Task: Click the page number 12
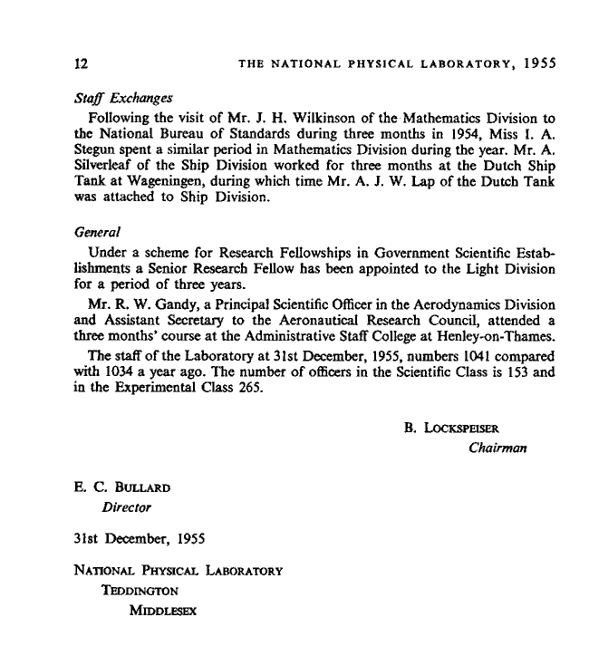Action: pos(81,63)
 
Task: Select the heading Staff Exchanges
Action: pos(121,98)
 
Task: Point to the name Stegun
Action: pos(96,151)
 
